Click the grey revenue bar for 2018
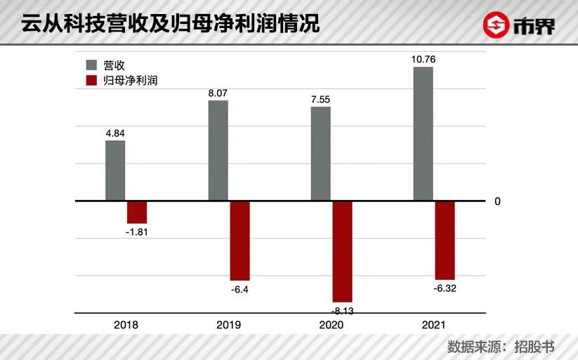click(x=115, y=171)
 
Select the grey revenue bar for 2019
click(x=218, y=150)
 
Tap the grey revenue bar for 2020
click(x=321, y=154)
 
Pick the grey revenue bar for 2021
click(x=423, y=134)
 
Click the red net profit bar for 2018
click(x=137, y=212)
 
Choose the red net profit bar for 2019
click(x=239, y=241)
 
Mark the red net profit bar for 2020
click(x=342, y=251)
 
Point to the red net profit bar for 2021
click(x=445, y=240)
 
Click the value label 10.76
click(x=423, y=60)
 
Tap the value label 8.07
click(x=218, y=92)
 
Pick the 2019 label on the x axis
click(x=229, y=325)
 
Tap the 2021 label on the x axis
click(x=434, y=325)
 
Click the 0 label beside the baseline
click(x=497, y=201)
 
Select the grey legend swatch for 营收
click(x=91, y=65)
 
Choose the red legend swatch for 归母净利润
click(x=91, y=81)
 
